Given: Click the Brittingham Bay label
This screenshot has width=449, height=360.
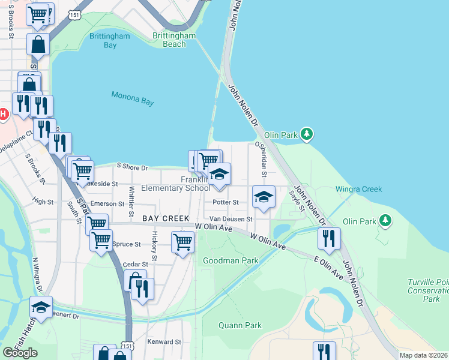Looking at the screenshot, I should point(103,40).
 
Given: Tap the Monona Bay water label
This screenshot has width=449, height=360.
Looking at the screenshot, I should point(133,98).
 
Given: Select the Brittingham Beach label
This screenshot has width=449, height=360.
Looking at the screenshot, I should point(175,40).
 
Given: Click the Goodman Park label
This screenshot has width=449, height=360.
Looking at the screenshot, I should point(231,260).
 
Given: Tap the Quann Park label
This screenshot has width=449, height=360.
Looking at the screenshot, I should point(241,325).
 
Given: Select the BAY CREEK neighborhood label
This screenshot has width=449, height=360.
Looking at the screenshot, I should point(166,218).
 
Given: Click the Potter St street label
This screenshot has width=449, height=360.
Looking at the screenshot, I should point(226,202).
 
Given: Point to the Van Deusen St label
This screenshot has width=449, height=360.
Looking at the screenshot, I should point(231,219).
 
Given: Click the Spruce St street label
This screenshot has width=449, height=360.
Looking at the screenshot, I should point(126,244).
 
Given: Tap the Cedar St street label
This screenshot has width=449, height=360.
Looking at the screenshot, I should point(135,264).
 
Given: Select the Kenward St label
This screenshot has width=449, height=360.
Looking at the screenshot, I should point(164,342).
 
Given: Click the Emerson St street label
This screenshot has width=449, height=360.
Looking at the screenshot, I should point(107,203).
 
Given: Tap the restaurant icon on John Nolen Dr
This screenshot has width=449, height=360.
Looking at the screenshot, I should point(329,238).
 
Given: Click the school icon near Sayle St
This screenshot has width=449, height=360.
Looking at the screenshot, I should point(264,196).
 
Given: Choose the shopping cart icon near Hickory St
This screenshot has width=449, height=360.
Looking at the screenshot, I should point(182,242).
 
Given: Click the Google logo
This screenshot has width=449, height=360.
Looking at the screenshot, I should point(20,353).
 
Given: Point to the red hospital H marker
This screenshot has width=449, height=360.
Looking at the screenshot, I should point(3,113).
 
